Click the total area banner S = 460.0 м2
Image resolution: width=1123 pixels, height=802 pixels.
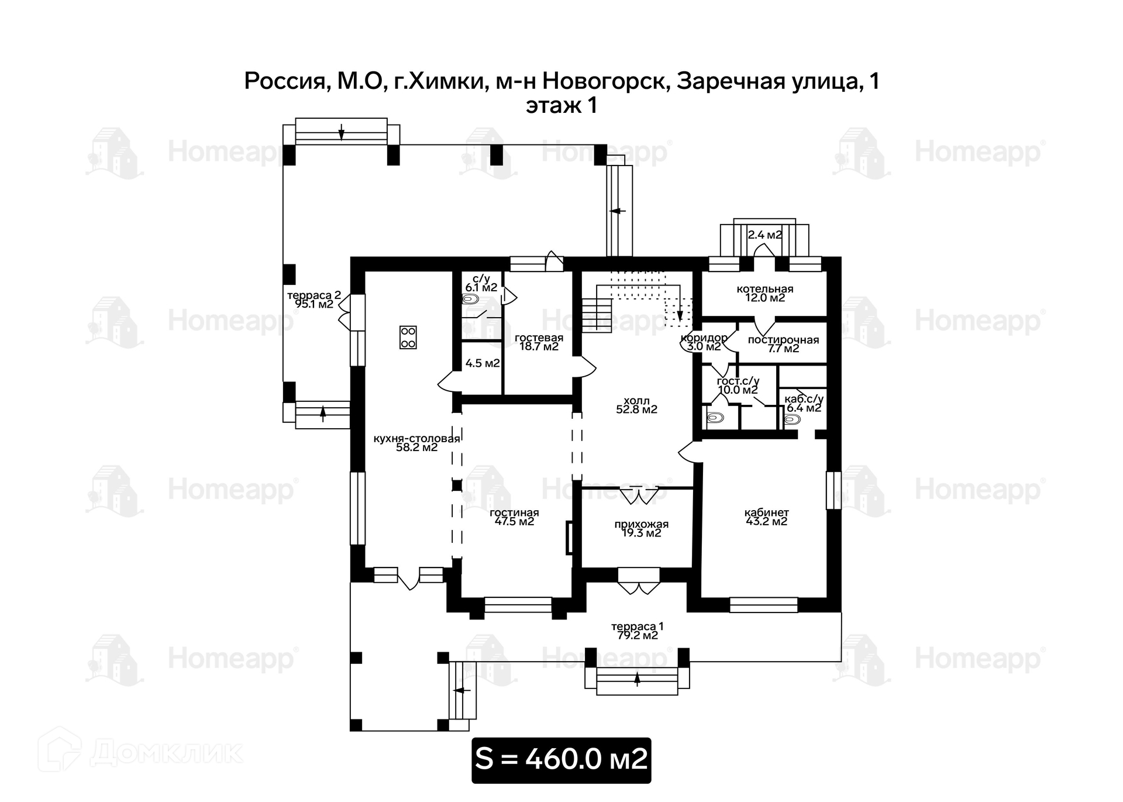[561, 759]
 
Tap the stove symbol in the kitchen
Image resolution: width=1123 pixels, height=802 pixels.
[408, 337]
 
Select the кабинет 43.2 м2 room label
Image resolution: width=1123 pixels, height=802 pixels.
[766, 517]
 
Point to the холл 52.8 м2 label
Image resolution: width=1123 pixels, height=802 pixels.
[636, 405]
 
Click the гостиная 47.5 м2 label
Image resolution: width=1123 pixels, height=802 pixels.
[514, 517]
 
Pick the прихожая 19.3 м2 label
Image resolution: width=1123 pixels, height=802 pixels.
[641, 529]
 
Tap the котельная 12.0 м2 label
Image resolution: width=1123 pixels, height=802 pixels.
[765, 293]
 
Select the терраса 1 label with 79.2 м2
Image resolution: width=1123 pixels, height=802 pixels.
[637, 631]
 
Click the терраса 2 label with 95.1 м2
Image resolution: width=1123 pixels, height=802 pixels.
[314, 300]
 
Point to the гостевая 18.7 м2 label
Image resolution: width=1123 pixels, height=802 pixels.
[539, 342]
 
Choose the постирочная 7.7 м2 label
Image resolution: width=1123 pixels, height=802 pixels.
[783, 344]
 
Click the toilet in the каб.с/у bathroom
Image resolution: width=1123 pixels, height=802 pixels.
[792, 419]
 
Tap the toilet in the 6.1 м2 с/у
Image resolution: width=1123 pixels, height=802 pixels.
[470, 300]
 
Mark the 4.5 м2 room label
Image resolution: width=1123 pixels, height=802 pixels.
[483, 363]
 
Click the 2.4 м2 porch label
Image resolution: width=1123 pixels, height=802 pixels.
[765, 235]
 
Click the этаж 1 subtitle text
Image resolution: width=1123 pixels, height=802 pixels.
[561, 106]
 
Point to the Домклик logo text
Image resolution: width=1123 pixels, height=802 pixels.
[166, 752]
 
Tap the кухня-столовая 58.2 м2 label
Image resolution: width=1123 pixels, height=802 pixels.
[416, 443]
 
